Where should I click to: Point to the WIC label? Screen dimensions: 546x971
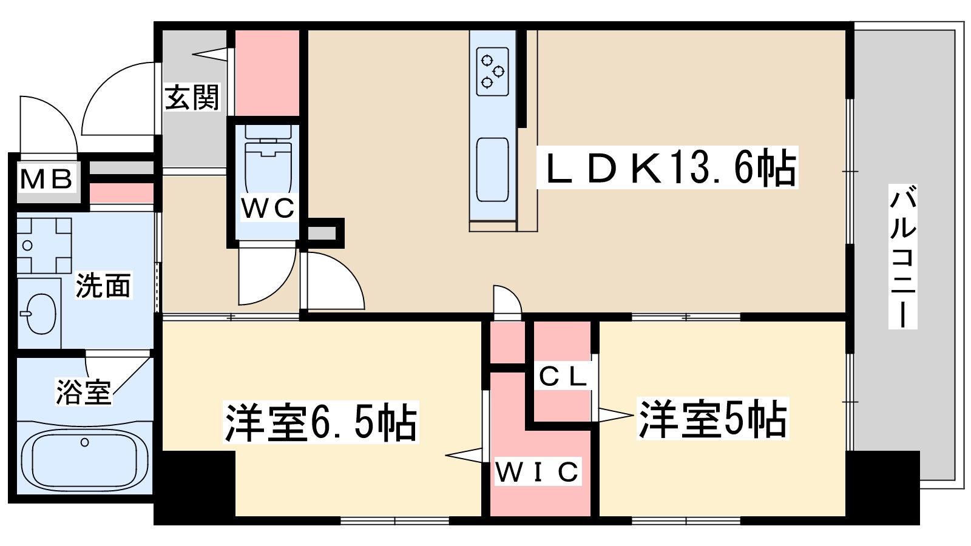(x=537, y=472)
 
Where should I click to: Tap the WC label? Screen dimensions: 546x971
(x=268, y=208)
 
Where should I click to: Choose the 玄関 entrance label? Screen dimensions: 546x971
(x=192, y=97)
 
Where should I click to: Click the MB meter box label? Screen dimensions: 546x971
(x=47, y=179)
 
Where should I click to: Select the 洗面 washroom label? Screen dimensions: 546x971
(x=103, y=286)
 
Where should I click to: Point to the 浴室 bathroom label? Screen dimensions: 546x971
(x=84, y=392)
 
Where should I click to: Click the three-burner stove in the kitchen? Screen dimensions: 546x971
(x=492, y=72)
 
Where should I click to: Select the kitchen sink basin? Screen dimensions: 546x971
(x=492, y=169)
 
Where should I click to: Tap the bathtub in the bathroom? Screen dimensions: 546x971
(x=84, y=460)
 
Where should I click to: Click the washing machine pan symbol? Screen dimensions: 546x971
(x=44, y=246)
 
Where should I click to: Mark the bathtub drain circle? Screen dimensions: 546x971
(x=85, y=442)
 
